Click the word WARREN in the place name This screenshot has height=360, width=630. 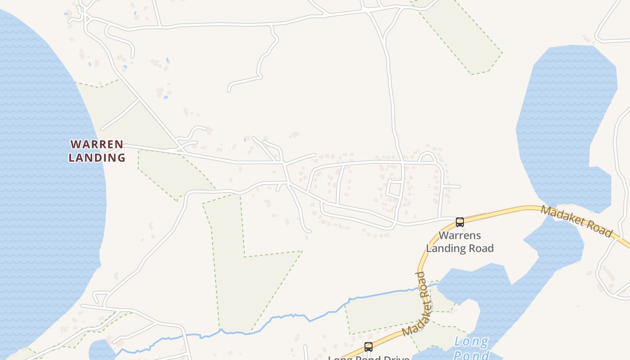click(97, 144)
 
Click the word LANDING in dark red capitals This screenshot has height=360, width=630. click(97, 157)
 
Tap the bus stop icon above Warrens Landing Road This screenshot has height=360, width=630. click(459, 222)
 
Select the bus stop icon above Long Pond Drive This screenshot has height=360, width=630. click(368, 347)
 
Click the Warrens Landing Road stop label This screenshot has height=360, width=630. click(459, 242)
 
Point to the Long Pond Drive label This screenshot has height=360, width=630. click(369, 358)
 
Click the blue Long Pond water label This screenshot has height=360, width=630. click(471, 347)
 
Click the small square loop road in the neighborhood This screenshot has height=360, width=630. click(395, 189)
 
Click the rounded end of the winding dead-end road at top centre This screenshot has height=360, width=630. click(229, 90)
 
